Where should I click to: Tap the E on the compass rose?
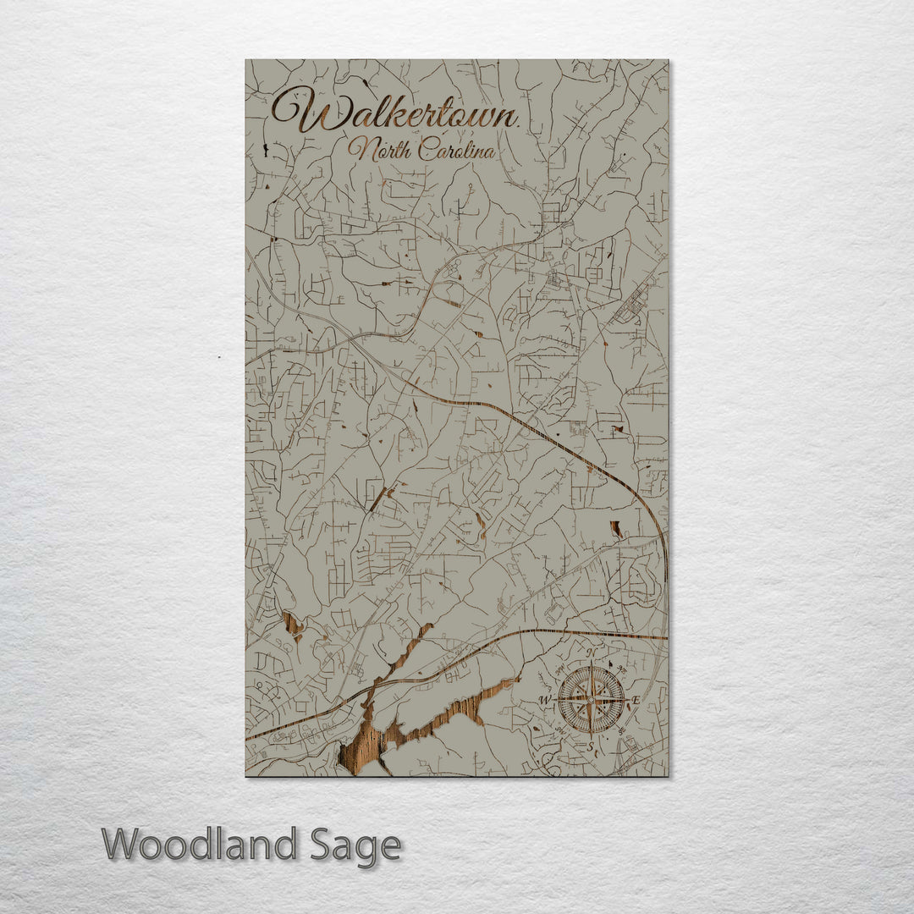pyautogui.click(x=636, y=700)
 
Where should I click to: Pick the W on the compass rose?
pyautogui.click(x=544, y=700)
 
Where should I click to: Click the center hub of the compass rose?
pyautogui.click(x=590, y=700)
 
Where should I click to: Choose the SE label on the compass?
pyautogui.click(x=621, y=730)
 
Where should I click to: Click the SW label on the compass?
pyautogui.click(x=559, y=730)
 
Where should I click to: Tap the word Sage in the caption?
pyautogui.click(x=355, y=845)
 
